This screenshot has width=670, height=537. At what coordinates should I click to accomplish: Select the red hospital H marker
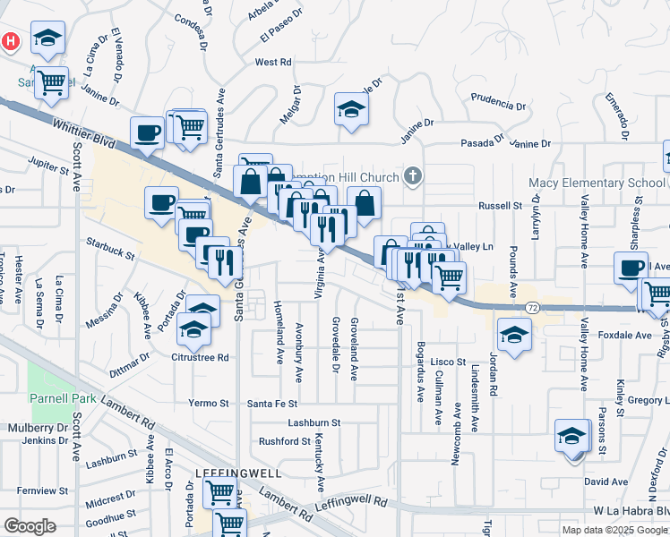10,41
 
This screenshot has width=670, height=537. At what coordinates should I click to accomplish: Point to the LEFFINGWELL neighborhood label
239,472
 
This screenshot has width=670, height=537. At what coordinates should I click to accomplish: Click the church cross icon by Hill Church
412,175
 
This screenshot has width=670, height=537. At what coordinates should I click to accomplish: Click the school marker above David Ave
571,437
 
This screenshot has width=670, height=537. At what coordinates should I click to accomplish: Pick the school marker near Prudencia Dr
351,110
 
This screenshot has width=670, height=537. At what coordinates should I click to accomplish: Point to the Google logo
29,526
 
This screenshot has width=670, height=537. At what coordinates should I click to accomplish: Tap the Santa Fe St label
271,404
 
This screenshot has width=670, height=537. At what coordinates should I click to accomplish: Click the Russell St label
500,205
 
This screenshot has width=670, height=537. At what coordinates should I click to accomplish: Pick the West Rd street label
273,63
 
